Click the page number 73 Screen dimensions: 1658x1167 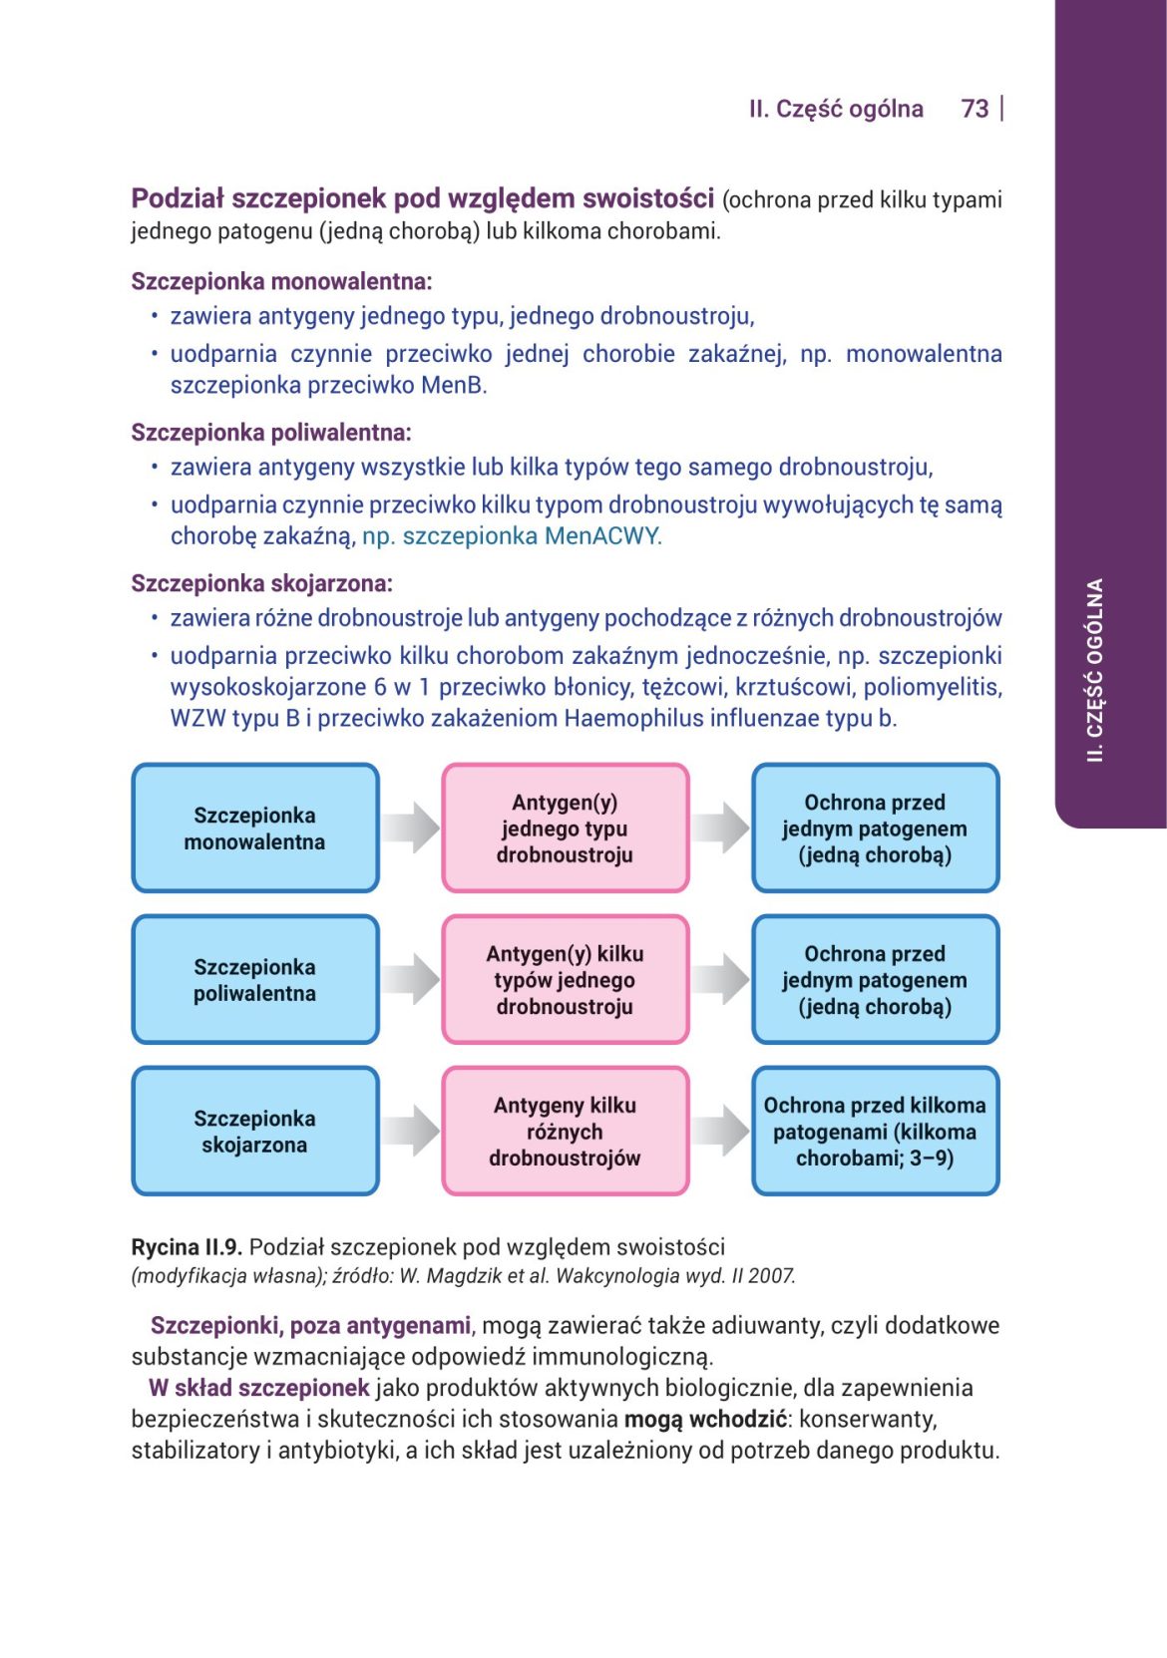pos(974,109)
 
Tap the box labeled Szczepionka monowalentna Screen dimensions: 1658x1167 pos(255,829)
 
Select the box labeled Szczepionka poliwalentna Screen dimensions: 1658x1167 pos(255,980)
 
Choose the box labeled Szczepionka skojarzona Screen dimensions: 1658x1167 pos(255,1132)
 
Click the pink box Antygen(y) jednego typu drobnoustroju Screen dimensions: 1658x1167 pos(566,829)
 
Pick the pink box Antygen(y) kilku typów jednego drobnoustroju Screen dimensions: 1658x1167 pos(566,980)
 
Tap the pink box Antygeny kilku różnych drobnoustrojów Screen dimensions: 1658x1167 pos(566,1132)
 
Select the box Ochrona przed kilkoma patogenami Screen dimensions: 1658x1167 pos(875,1132)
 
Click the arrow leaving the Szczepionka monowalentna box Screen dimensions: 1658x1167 pos(410,828)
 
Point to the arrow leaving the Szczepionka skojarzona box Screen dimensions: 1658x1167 pos(410,1131)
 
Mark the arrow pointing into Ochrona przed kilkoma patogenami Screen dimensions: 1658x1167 pos(720,1131)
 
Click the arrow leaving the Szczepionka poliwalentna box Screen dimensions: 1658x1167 pos(410,979)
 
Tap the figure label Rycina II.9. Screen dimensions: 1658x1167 pos(187,1247)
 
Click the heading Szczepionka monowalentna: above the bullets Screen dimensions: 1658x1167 pos(281,282)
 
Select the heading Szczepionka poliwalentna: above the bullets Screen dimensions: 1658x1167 pos(271,433)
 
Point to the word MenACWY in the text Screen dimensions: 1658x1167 pos(602,536)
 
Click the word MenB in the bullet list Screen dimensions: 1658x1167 pos(454,386)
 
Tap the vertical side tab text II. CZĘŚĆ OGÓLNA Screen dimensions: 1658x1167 pos(1095,670)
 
